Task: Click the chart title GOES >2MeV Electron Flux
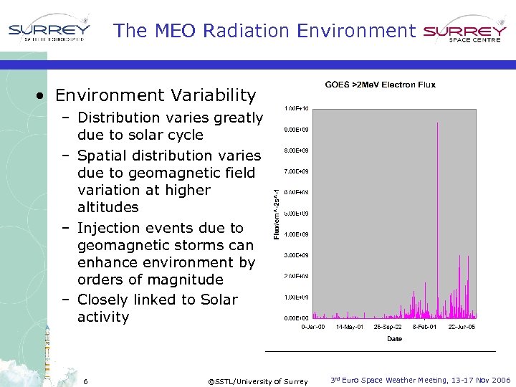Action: pos(380,85)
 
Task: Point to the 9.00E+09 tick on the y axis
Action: pos(296,130)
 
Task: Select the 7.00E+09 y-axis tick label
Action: pos(296,171)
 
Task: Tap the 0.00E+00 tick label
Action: pos(296,317)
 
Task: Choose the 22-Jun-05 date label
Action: pos(462,327)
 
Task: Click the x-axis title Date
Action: pos(394,338)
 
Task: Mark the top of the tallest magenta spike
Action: pos(437,123)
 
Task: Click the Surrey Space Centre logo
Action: pos(465,32)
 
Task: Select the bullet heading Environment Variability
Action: pos(155,95)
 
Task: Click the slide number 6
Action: pos(85,381)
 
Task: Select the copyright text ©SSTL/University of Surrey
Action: pos(257,381)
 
